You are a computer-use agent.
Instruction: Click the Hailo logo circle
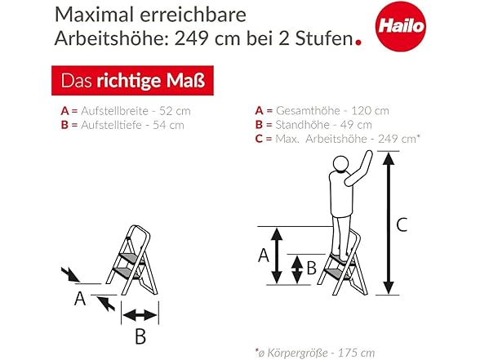click(x=400, y=26)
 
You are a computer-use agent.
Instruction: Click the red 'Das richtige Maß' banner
click(x=132, y=81)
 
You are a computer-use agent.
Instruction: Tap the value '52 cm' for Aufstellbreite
click(x=175, y=111)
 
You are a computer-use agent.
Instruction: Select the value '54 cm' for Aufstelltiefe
click(x=168, y=125)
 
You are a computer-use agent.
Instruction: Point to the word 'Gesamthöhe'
click(x=308, y=110)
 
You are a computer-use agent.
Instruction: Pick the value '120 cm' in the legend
click(x=370, y=110)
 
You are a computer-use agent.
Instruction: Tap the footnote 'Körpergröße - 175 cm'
click(x=321, y=353)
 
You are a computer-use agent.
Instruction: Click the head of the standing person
click(x=340, y=164)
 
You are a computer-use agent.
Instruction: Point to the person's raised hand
click(x=368, y=154)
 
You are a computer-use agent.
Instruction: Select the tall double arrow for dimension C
click(x=389, y=224)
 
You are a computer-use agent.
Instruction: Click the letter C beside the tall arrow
click(x=402, y=224)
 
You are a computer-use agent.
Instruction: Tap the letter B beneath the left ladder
click(x=140, y=336)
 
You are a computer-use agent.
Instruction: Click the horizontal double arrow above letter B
click(x=140, y=315)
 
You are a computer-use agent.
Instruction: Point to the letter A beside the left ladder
click(x=80, y=299)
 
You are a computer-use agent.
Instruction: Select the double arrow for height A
click(x=277, y=256)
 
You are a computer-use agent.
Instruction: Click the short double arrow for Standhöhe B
click(x=297, y=269)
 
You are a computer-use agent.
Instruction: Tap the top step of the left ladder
click(x=131, y=258)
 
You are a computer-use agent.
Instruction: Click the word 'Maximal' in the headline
click(x=95, y=15)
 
